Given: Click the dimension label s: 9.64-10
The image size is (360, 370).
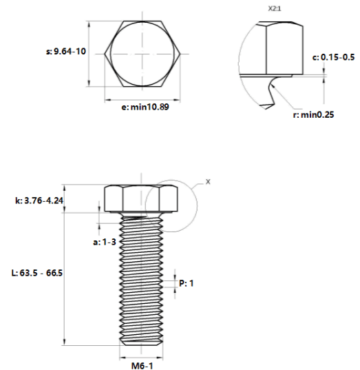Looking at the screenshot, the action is pos(66,52).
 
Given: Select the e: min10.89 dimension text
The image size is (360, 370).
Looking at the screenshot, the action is pos(145,107).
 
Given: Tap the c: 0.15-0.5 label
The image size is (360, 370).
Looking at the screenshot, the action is pos(333,57).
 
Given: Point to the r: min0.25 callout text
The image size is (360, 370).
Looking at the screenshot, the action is pos(314,114).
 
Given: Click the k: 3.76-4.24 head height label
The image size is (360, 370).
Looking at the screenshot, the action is pos(39,201).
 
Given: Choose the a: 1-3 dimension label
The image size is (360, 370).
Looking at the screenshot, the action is pos(105,242).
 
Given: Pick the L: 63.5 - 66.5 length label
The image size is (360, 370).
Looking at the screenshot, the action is pos(37,273).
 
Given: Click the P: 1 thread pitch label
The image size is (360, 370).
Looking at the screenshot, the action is pos(187,283).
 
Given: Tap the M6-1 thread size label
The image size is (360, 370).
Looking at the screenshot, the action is pos(142,366).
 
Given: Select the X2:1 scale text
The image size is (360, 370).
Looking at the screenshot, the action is pos(275,9).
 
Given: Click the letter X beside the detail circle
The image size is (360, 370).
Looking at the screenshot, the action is pos(208,182).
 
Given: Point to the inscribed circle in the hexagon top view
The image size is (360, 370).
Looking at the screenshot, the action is pos(110,54).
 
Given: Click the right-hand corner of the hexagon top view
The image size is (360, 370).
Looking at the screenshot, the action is pos(180,54).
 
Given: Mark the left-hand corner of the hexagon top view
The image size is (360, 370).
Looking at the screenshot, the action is pos(105,54).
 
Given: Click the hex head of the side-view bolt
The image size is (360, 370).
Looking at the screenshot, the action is pos(141,198).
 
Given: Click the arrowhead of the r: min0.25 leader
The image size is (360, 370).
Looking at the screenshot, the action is pos(272,85).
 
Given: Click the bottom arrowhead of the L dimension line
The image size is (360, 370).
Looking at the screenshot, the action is pos(65,342).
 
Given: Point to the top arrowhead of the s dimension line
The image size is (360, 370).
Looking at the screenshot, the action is pos(89,25).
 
